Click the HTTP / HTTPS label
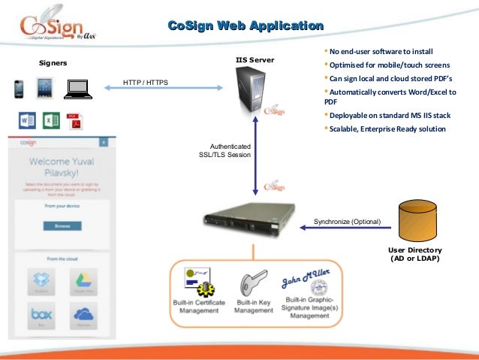click(146, 82)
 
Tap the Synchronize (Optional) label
click(347, 222)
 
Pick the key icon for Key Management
click(250, 285)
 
